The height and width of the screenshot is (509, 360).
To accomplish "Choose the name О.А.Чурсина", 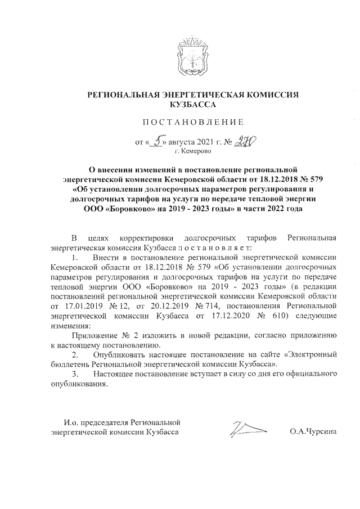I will tap(313, 432).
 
